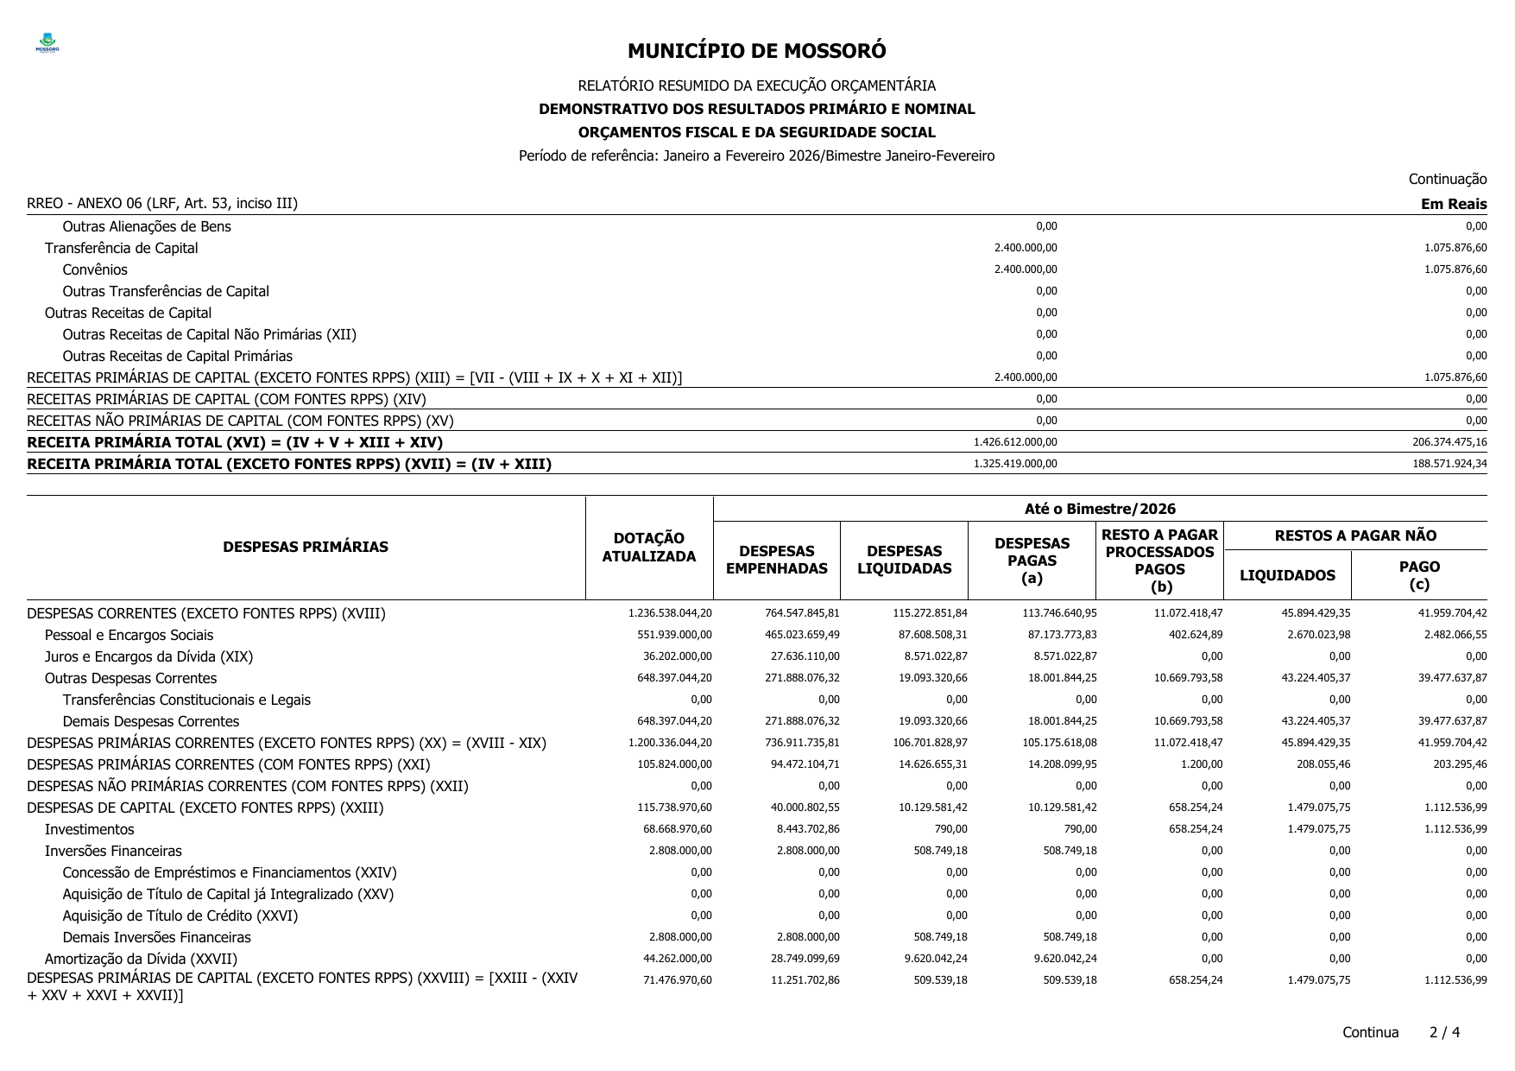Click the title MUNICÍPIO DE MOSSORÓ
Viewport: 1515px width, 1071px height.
pos(756,51)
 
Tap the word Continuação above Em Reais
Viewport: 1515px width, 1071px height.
pos(1447,179)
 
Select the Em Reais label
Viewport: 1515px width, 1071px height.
pos(1454,204)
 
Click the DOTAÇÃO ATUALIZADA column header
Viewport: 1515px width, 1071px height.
pos(648,548)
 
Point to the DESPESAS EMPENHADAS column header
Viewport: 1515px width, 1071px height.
pos(776,560)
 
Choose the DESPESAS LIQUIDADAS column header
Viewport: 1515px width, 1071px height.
pos(904,560)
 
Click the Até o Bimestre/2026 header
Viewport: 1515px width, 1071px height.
pos(1100,509)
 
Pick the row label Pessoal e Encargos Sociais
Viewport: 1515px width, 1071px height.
pos(129,635)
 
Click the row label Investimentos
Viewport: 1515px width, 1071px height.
pos(89,829)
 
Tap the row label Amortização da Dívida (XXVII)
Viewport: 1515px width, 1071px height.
pos(141,959)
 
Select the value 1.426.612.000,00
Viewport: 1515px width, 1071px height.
pos(1015,442)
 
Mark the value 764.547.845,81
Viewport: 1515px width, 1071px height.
pos(802,613)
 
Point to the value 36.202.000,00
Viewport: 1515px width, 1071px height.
pos(678,656)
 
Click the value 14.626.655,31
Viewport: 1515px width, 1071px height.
pos(930,764)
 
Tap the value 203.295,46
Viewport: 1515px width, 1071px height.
pos(1453,764)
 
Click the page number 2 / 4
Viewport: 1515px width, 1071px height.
pos(1444,1032)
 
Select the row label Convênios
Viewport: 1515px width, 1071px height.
pos(94,269)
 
